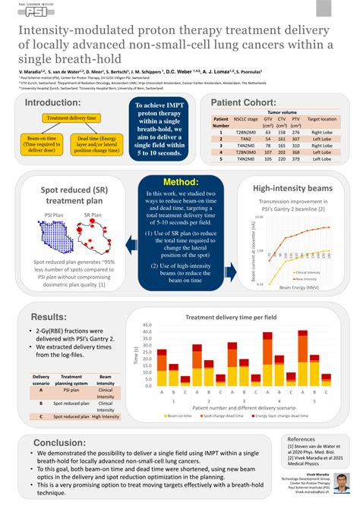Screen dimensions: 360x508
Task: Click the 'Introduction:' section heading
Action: coord(53,103)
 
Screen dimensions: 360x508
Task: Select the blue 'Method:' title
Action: coord(180,182)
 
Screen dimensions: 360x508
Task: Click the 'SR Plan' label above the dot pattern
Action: coord(93,215)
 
